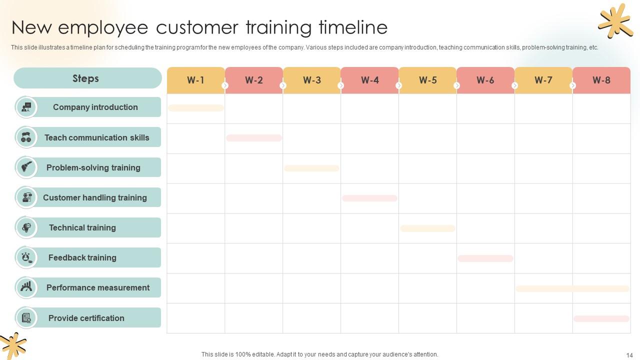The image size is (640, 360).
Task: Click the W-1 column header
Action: tap(195, 80)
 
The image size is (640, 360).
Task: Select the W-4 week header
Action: tap(369, 80)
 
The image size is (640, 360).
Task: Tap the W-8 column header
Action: tap(601, 80)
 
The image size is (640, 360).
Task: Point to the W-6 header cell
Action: tap(485, 80)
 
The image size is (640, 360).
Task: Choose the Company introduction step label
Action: tap(95, 107)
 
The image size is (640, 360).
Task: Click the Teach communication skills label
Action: tap(96, 137)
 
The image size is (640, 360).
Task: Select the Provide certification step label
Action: tap(86, 318)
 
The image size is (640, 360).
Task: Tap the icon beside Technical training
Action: tap(26, 227)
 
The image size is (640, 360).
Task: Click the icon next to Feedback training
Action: tap(26, 257)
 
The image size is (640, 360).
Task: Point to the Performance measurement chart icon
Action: tap(26, 287)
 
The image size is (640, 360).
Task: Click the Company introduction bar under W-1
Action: tap(195, 108)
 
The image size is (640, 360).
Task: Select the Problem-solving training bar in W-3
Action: tap(311, 168)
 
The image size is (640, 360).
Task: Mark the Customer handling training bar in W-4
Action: tap(369, 198)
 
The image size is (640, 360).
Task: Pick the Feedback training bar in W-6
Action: tap(485, 258)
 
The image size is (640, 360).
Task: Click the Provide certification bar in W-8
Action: tap(601, 318)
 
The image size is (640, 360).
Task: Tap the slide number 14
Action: tap(629, 355)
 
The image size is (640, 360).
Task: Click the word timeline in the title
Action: tap(353, 27)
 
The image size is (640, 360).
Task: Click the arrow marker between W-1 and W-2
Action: tap(225, 86)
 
